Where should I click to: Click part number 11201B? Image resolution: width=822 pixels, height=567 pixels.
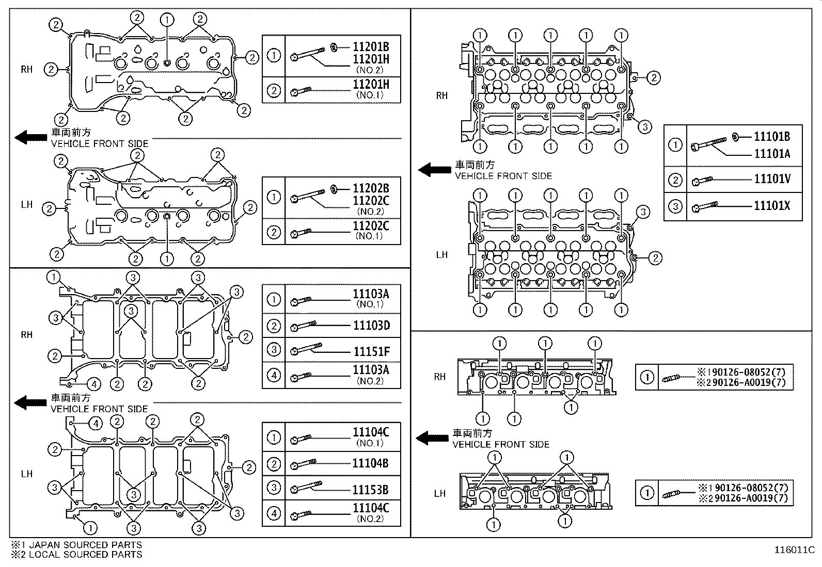pos(371,47)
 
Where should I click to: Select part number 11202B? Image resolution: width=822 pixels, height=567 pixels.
pos(371,188)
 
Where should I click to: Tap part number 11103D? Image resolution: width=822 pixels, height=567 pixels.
pos(371,326)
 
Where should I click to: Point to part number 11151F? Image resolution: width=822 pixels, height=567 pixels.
pos(371,352)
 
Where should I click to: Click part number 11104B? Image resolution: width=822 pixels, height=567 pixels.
pos(371,463)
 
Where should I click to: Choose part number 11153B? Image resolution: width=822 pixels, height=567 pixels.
pos(371,490)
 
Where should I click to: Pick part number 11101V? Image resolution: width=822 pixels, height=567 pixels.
pos(772,179)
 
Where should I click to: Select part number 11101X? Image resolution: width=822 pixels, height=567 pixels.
pos(772,206)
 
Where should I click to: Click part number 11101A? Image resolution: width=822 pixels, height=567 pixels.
pos(772,154)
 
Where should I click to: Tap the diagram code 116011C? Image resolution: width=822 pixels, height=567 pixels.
pos(793,550)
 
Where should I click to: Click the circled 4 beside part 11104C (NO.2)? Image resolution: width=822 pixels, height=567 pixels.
pos(274,513)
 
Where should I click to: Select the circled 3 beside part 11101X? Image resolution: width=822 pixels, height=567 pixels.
pos(675,207)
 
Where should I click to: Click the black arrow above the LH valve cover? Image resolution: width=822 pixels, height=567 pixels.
pos(31,137)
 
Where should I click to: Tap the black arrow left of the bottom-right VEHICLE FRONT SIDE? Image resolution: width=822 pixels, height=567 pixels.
pos(433,439)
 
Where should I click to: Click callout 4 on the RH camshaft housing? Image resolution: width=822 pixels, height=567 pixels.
pos(93,384)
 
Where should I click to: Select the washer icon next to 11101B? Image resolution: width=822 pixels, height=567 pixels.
pos(736,137)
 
